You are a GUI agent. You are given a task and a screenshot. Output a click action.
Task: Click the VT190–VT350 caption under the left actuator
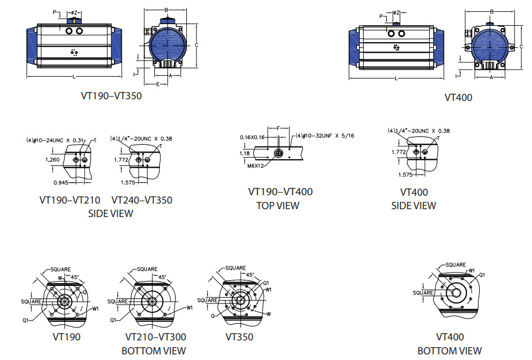pos(111,96)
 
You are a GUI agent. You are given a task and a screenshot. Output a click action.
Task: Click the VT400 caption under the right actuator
pos(458,97)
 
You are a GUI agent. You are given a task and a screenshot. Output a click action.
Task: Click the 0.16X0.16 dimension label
pos(252,137)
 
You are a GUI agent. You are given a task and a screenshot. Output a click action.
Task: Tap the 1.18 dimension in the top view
pos(244,153)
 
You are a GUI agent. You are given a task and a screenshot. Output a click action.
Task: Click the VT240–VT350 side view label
pos(141,200)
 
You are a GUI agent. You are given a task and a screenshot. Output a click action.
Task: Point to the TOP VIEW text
pos(278,205)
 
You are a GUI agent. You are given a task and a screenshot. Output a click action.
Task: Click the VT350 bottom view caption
pos(239,337)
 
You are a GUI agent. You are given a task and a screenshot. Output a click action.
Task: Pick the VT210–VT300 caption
pos(155,337)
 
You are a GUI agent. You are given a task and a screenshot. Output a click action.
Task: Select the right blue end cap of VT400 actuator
pos(437,47)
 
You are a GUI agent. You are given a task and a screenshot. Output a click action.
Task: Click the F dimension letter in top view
pos(278,128)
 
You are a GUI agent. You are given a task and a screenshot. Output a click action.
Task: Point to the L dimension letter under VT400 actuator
pos(396,79)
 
